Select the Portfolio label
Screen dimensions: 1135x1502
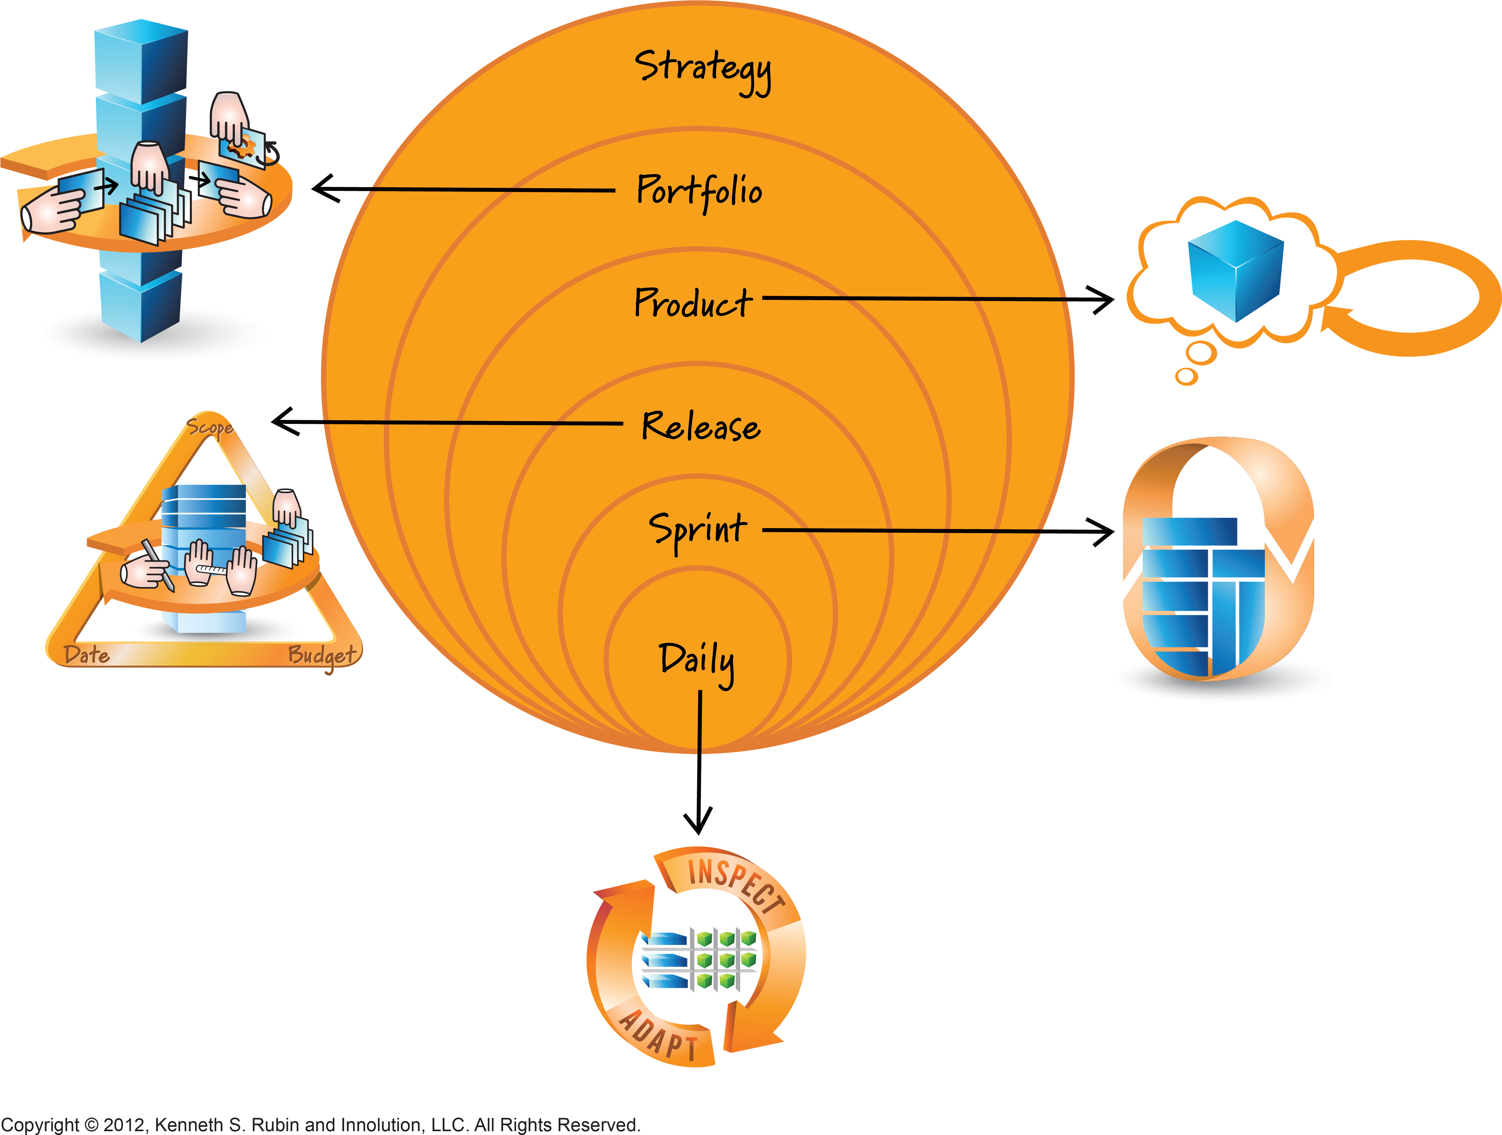click(699, 192)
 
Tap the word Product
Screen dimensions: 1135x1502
click(693, 303)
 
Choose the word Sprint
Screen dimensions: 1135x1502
click(697, 530)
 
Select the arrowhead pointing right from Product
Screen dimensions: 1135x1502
click(1101, 300)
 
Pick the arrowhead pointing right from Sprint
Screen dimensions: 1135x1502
click(1101, 532)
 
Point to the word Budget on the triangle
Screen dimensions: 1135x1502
click(322, 656)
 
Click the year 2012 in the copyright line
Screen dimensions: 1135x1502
click(124, 1125)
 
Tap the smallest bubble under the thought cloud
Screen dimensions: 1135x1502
click(1187, 376)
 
